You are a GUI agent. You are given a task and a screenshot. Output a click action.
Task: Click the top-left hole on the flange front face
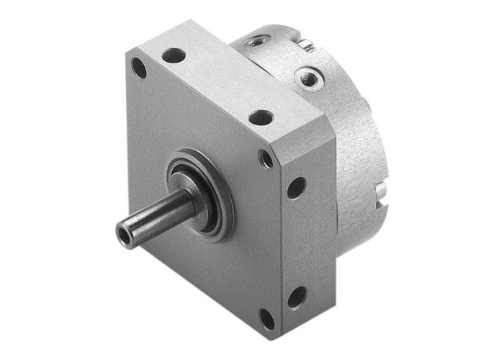click(x=139, y=68)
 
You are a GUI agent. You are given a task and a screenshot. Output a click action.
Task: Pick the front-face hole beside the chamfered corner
click(x=267, y=158)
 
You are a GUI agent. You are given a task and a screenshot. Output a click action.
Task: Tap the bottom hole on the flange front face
click(x=267, y=318)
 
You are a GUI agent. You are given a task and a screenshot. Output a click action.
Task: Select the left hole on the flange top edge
click(x=174, y=55)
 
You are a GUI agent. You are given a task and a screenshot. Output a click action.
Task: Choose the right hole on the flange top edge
click(x=261, y=117)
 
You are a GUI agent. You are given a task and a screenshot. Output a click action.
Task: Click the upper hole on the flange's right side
click(x=295, y=188)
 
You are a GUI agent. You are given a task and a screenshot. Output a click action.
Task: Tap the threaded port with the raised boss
click(x=309, y=77)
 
